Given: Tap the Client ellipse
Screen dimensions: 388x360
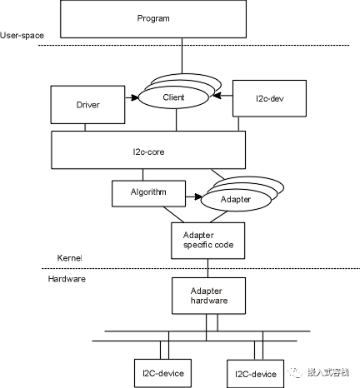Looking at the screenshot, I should [x=173, y=97].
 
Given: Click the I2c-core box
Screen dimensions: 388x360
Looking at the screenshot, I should [x=149, y=151].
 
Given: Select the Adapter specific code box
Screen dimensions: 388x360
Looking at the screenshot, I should [x=207, y=240].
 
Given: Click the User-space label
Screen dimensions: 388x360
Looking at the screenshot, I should [x=22, y=35].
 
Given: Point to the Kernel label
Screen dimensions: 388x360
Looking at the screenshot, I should [x=71, y=259].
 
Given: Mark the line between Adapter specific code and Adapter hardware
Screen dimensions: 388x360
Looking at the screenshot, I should [x=207, y=267].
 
